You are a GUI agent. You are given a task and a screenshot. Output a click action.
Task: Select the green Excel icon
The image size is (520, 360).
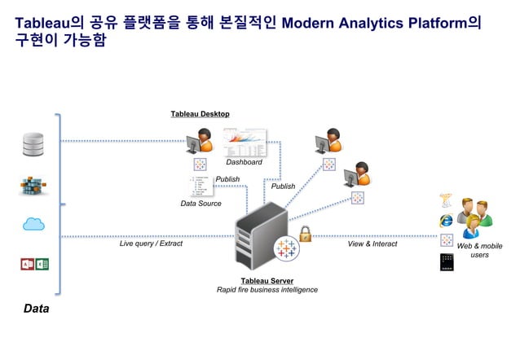pyautogui.click(x=42, y=264)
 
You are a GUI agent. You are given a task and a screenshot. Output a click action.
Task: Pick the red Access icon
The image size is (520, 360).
pyautogui.click(x=27, y=264)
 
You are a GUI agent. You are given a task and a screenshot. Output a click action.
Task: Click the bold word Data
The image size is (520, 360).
pyautogui.click(x=36, y=309)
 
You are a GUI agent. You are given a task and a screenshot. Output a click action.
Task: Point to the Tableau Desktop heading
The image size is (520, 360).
pyautogui.click(x=200, y=114)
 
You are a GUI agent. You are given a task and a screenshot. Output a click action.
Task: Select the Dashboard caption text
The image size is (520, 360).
pyautogui.click(x=244, y=162)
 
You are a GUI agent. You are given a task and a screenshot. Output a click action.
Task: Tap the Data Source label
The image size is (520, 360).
pyautogui.click(x=201, y=204)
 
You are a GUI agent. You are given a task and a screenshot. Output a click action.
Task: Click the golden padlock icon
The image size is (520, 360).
pyautogui.click(x=306, y=235)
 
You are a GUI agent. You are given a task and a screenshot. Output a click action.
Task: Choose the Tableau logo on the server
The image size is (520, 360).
pyautogui.click(x=286, y=248)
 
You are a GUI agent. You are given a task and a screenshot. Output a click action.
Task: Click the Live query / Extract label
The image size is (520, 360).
pyautogui.click(x=151, y=244)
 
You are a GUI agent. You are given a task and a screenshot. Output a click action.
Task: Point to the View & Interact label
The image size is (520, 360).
pyautogui.click(x=372, y=244)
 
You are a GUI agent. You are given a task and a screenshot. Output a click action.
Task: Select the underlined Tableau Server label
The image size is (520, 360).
pyautogui.click(x=267, y=280)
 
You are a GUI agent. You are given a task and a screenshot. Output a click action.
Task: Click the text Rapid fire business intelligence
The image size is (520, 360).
pyautogui.click(x=267, y=290)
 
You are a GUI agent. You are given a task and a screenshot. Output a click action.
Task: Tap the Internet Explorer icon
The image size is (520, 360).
pyautogui.click(x=446, y=220)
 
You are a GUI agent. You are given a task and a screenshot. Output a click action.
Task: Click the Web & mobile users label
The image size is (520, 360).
pyautogui.click(x=479, y=251)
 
